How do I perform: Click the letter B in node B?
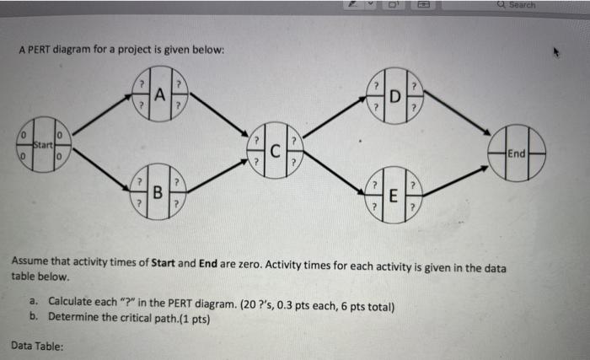coord(158,191)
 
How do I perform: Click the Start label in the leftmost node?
coord(32,144)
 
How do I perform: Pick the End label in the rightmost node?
coord(517,153)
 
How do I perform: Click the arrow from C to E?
coord(334,175)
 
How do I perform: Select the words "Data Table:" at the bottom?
coord(40,346)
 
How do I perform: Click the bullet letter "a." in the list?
coord(35,301)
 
